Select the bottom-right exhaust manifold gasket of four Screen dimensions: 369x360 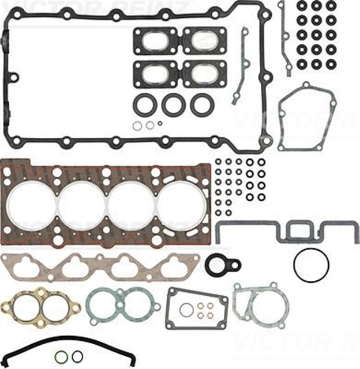click(x=204, y=74)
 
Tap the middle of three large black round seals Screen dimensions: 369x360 click(x=173, y=104)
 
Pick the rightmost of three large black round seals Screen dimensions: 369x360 click(x=202, y=104)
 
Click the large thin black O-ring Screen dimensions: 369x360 click(x=311, y=266)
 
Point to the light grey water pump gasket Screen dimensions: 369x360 click(x=260, y=308)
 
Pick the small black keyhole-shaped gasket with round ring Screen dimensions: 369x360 click(x=222, y=265)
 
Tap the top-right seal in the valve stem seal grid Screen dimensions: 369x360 click(x=331, y=5)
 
